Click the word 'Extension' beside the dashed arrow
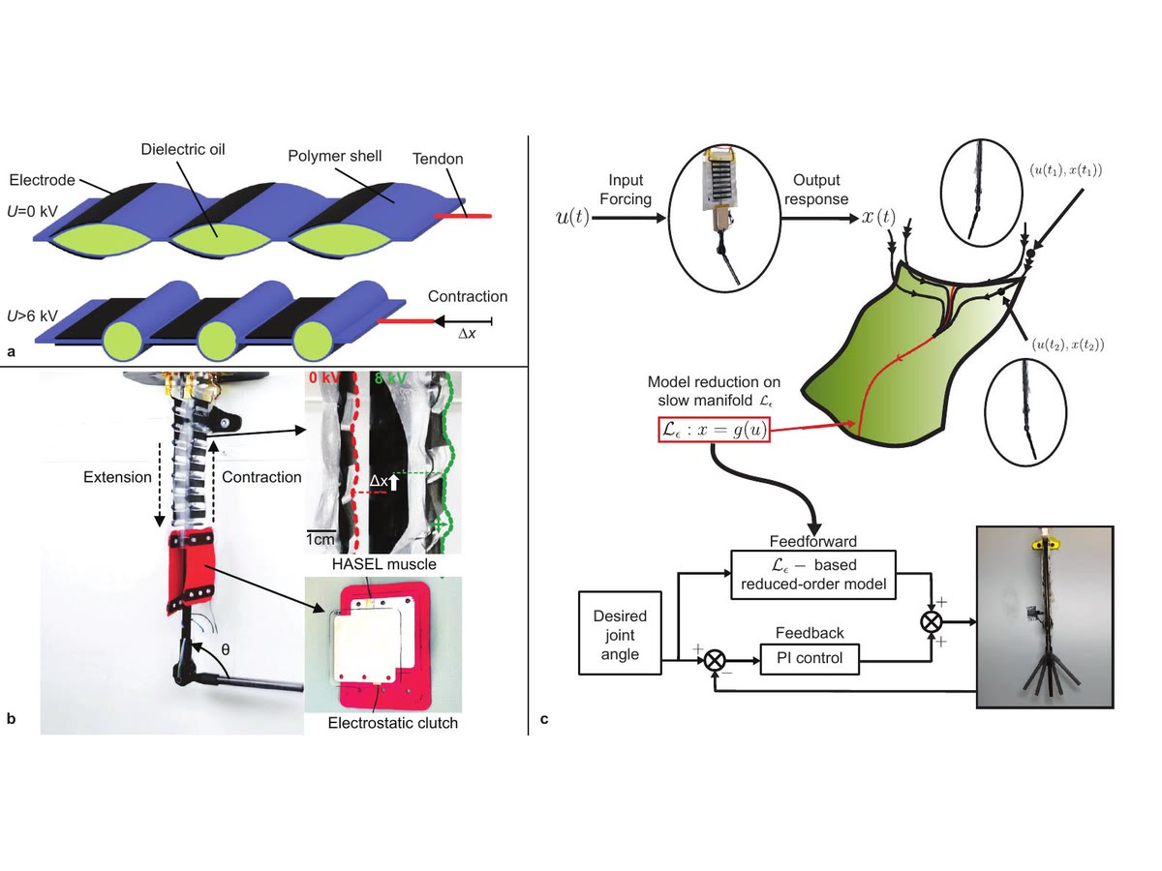coord(116,478)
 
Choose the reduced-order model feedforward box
coord(813,575)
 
